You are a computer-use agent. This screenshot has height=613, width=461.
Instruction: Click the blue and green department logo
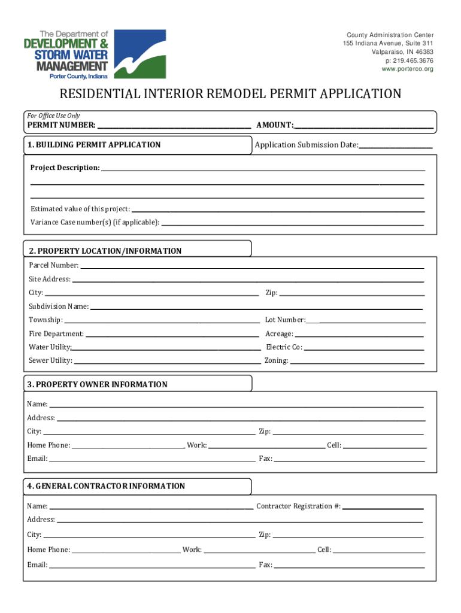pos(139,54)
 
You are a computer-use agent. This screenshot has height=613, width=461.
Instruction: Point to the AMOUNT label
pos(275,125)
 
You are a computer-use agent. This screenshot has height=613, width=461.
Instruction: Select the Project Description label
pos(65,168)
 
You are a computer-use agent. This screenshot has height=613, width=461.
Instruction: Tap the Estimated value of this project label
pos(80,209)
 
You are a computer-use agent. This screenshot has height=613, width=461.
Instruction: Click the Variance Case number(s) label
pos(95,223)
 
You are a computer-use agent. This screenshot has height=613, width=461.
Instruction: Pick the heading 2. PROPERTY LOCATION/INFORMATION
pos(105,251)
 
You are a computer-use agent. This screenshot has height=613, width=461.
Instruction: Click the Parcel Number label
pos(54,265)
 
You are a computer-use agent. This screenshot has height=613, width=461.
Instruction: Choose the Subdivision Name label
pos(59,306)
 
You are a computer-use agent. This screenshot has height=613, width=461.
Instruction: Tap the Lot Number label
pos(285,320)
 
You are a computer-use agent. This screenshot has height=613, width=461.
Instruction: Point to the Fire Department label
pos(56,334)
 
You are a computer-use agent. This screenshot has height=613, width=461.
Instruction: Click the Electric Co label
pos(284,347)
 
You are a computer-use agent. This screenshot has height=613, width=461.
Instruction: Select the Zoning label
pos(276,361)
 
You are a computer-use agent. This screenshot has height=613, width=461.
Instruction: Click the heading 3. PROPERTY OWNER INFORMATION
pos(97,384)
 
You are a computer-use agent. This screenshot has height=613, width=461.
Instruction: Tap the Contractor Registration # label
pos(298,506)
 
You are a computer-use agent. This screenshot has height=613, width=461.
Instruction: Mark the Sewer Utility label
pos(51,361)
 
